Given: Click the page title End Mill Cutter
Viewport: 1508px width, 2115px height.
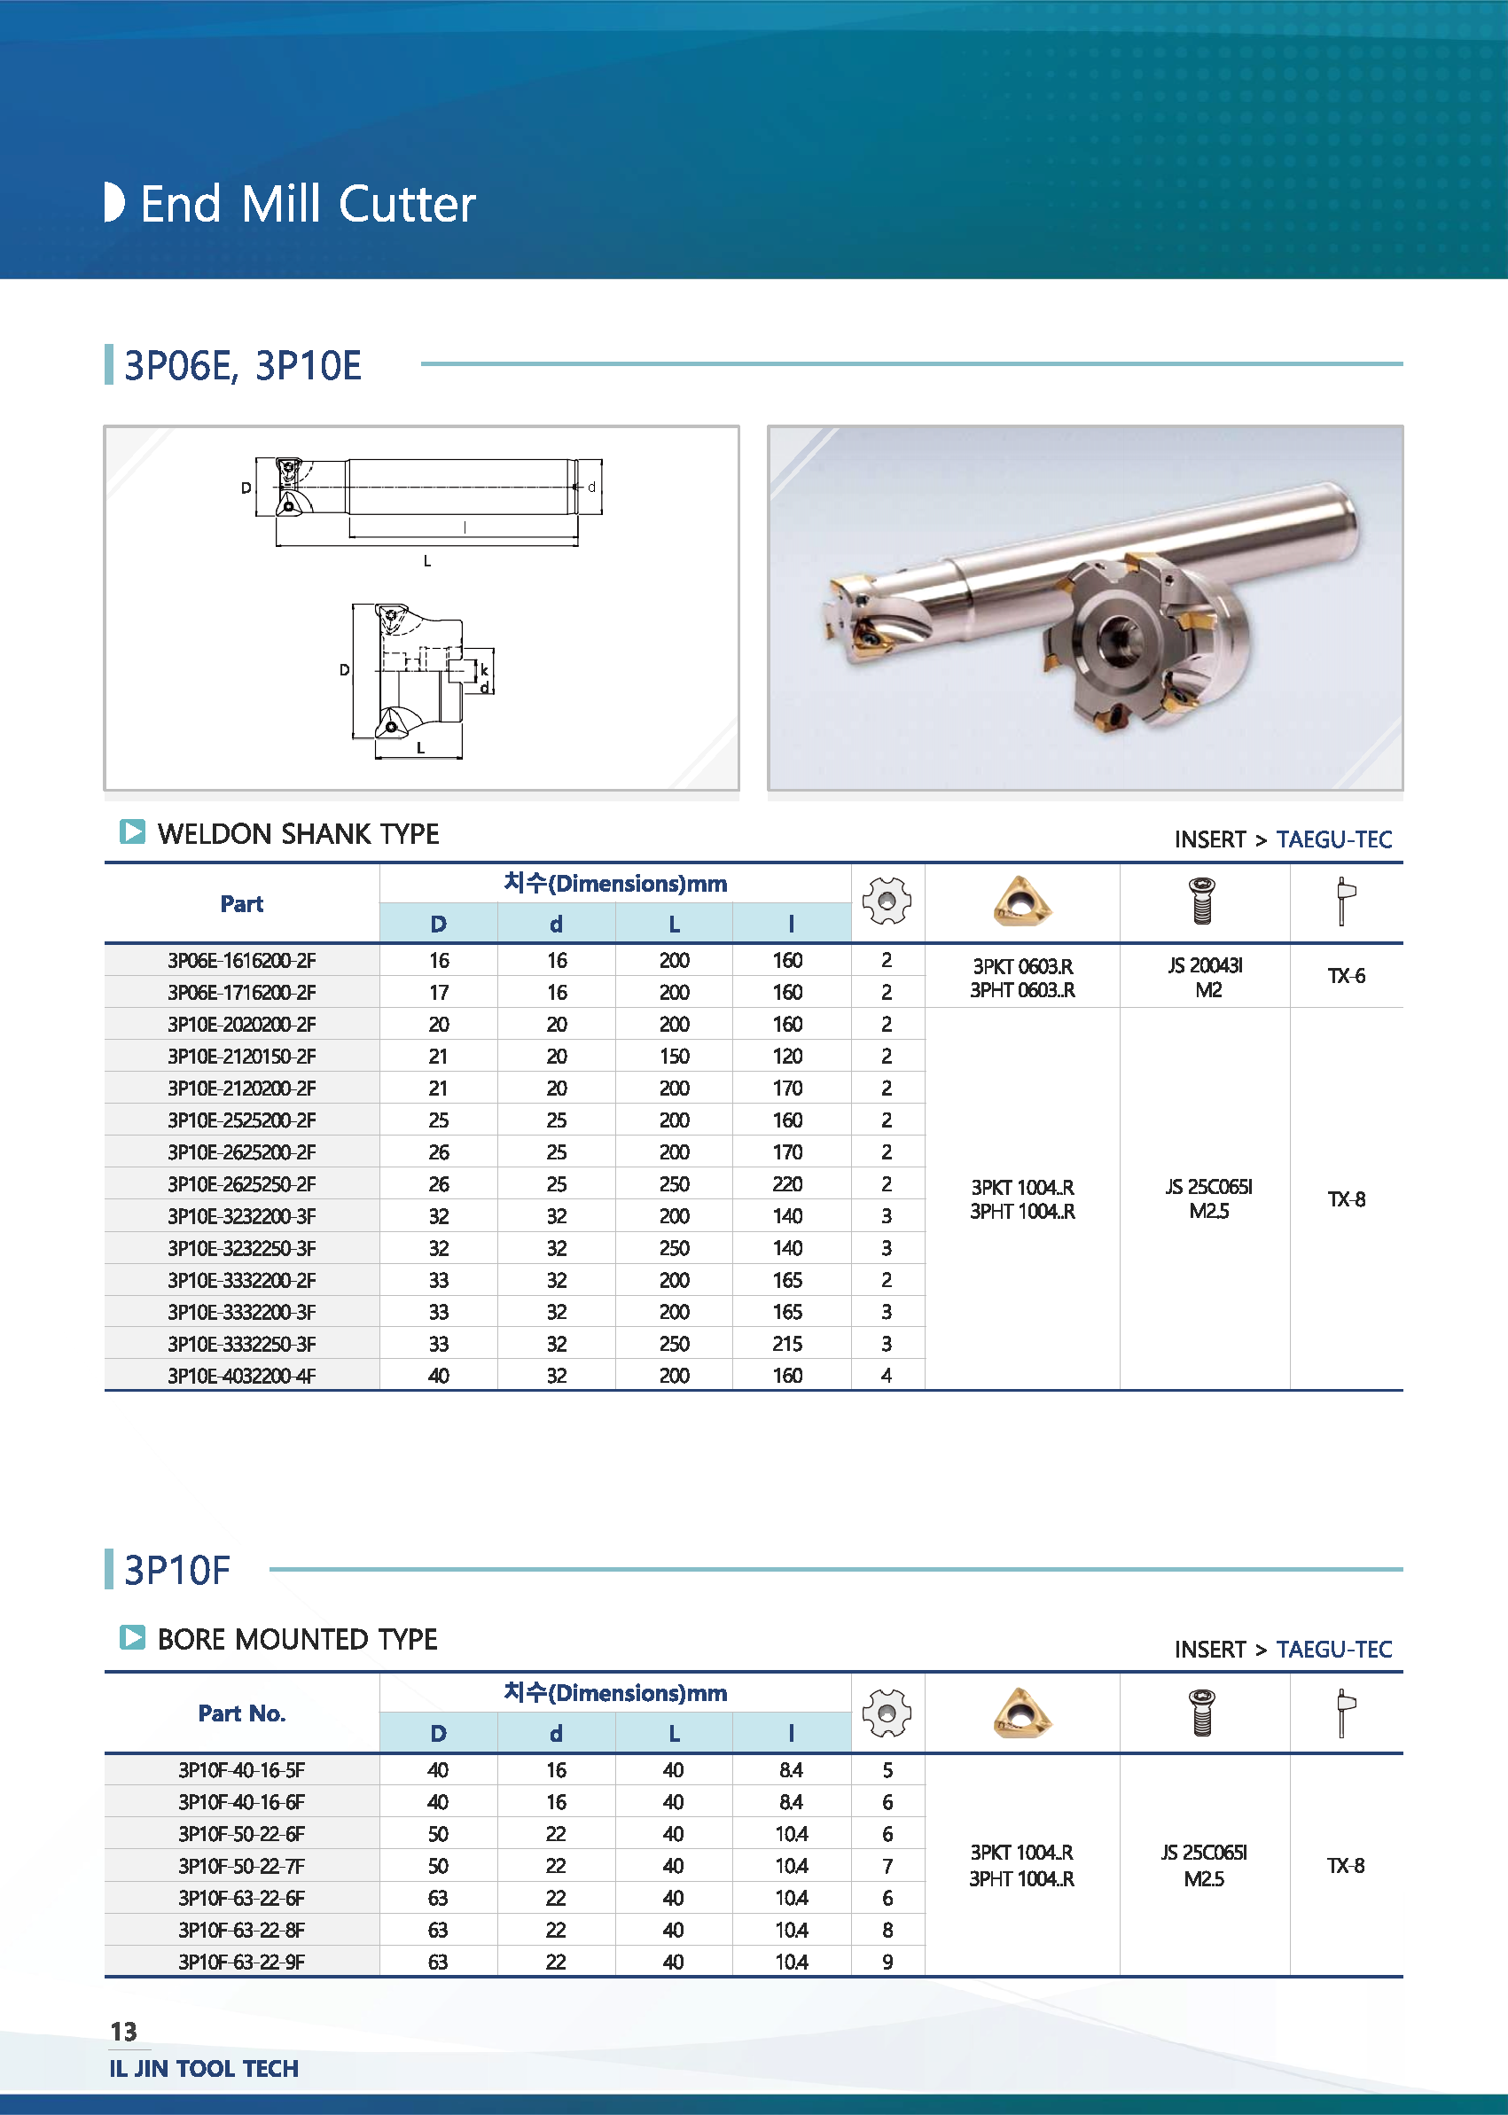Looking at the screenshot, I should [307, 204].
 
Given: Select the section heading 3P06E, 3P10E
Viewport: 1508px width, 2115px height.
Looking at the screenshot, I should [242, 366].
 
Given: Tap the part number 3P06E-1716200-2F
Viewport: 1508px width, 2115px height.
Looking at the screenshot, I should [241, 993].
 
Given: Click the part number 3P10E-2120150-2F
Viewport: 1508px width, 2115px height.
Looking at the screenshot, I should [241, 1057].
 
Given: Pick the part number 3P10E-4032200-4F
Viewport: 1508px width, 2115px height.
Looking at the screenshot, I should [241, 1376].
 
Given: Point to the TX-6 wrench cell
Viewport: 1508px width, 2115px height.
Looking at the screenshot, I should [1346, 976].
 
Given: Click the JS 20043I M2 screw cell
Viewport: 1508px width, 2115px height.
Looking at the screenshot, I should [1206, 977].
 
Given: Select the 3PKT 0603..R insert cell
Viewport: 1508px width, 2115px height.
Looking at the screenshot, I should [1022, 966].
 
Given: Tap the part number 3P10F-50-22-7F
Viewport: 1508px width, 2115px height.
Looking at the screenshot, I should [241, 1866].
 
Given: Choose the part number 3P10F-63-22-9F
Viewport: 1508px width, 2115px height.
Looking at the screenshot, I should [241, 1962].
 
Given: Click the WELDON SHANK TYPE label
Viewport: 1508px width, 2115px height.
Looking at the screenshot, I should [298, 834].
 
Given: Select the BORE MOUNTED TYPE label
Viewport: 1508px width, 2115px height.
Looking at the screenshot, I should [297, 1640].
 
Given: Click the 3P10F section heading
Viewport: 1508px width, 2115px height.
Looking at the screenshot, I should [176, 1570].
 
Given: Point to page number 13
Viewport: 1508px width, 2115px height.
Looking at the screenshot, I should [123, 2033].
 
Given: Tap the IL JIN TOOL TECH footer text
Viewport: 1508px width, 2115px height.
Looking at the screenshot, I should [204, 2069].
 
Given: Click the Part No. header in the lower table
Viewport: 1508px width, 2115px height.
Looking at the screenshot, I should [241, 1713].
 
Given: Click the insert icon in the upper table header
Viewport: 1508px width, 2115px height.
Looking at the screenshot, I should [1021, 901].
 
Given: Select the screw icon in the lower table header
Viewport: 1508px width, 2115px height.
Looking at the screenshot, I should [1201, 1712].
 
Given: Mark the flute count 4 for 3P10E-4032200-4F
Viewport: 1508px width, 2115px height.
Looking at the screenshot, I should [887, 1376].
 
